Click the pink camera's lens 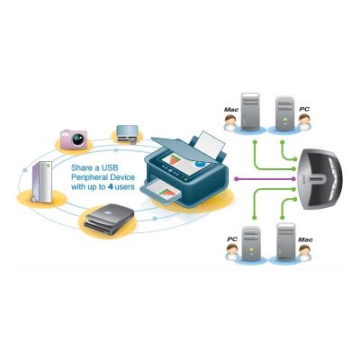tap(77, 139)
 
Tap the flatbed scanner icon tap(109, 219)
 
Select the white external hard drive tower tap(42, 182)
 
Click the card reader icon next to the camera tap(127, 133)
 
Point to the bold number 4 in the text tap(110, 187)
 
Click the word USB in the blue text tap(110, 167)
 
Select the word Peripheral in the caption tap(88, 177)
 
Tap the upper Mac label tap(231, 110)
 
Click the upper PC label tap(304, 110)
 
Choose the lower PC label tap(232, 239)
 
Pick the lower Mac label tap(305, 239)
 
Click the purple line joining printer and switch tap(265, 179)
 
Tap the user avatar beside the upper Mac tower tap(230, 122)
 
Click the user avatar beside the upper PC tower tap(304, 122)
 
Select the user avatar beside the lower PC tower tap(232, 252)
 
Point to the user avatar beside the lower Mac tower tap(305, 253)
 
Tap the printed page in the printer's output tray tap(163, 190)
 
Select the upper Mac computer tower tap(250, 111)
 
